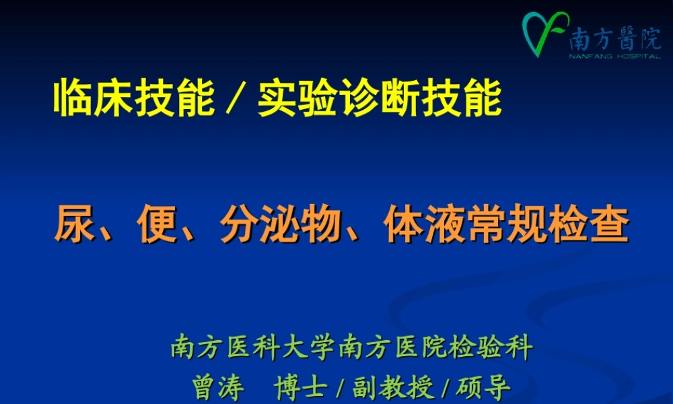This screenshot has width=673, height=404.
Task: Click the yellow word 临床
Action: tap(93, 98)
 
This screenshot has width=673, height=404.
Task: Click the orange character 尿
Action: tap(74, 224)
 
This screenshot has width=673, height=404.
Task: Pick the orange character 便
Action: tap(157, 224)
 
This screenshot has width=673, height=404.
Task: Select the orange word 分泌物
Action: tap(281, 224)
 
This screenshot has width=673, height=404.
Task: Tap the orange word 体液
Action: tap(424, 224)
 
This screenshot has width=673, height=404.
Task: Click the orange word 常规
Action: tap(507, 224)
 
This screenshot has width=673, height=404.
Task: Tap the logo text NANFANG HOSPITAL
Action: tap(614, 57)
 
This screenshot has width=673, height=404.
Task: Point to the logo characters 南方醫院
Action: tap(614, 38)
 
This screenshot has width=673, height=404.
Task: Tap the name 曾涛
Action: tap(218, 387)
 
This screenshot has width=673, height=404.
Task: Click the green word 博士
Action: tap(300, 387)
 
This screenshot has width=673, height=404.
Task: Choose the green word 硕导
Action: tap(483, 387)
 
